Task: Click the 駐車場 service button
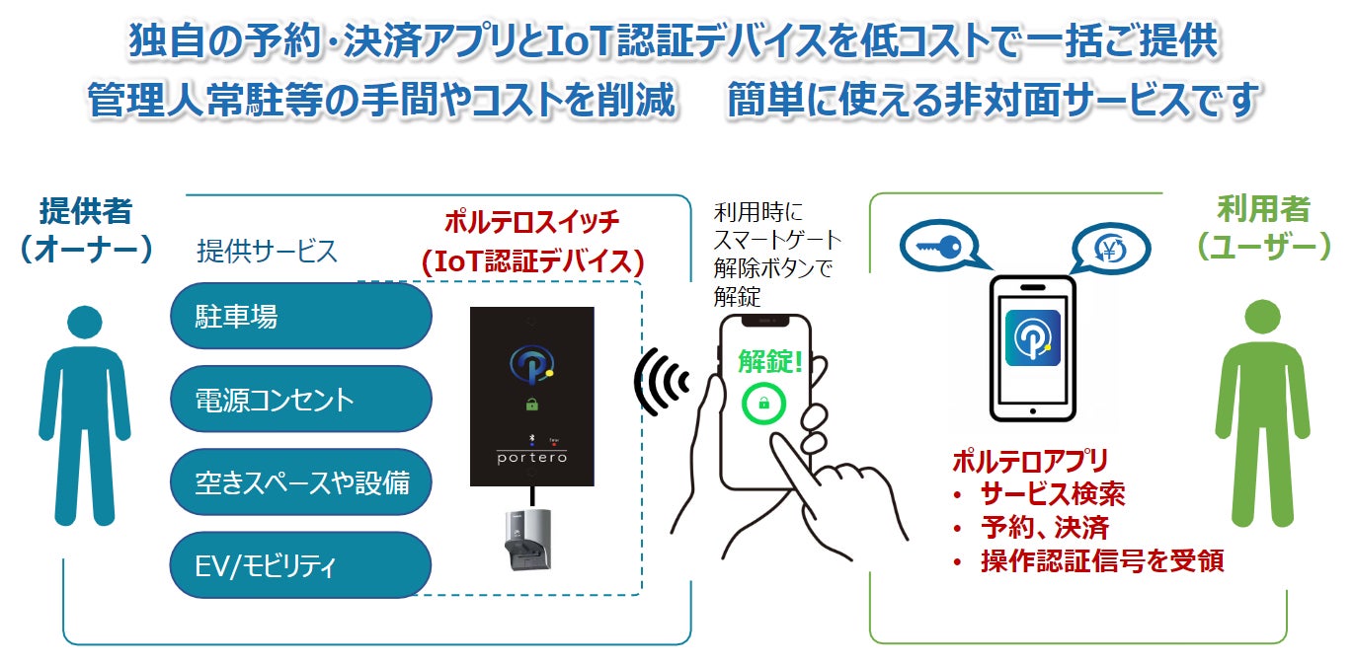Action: point(300,316)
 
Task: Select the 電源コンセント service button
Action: point(300,400)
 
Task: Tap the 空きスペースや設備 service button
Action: point(300,482)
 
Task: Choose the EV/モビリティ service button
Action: point(300,566)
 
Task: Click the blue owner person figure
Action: point(84,414)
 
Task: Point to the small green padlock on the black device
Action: point(533,404)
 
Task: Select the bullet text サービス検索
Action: point(1052,493)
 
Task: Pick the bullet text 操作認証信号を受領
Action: point(1101,560)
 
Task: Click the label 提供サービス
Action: point(267,252)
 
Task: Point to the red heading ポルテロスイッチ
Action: point(531,220)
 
